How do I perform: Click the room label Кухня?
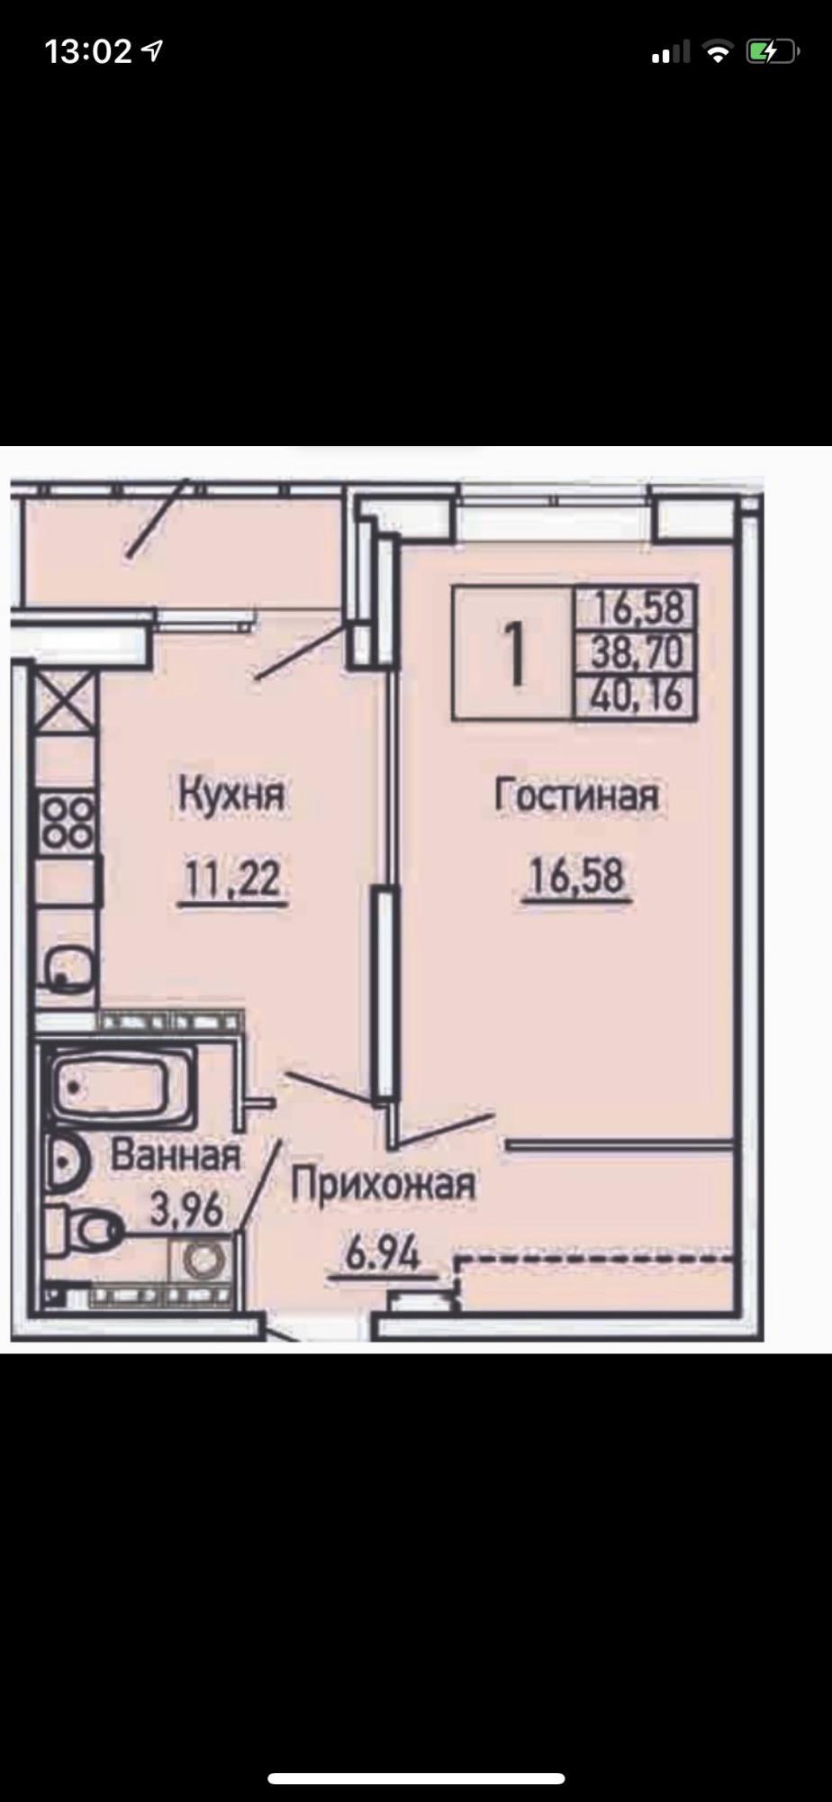point(231,796)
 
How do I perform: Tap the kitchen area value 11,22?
point(233,879)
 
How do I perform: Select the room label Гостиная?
point(577,796)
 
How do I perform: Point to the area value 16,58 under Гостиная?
point(576,877)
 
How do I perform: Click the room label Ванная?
point(176,1155)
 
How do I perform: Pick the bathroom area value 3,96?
point(186,1209)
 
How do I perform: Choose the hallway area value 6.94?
point(383,1252)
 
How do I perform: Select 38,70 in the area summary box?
point(637,651)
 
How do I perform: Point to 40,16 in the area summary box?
point(638,695)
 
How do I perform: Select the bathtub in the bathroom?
point(122,1087)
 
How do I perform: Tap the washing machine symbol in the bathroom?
point(203,1259)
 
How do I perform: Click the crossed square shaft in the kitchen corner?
point(65,704)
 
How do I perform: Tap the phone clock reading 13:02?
point(88,51)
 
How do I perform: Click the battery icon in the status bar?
point(772,52)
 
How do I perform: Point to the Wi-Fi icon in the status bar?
point(718,52)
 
